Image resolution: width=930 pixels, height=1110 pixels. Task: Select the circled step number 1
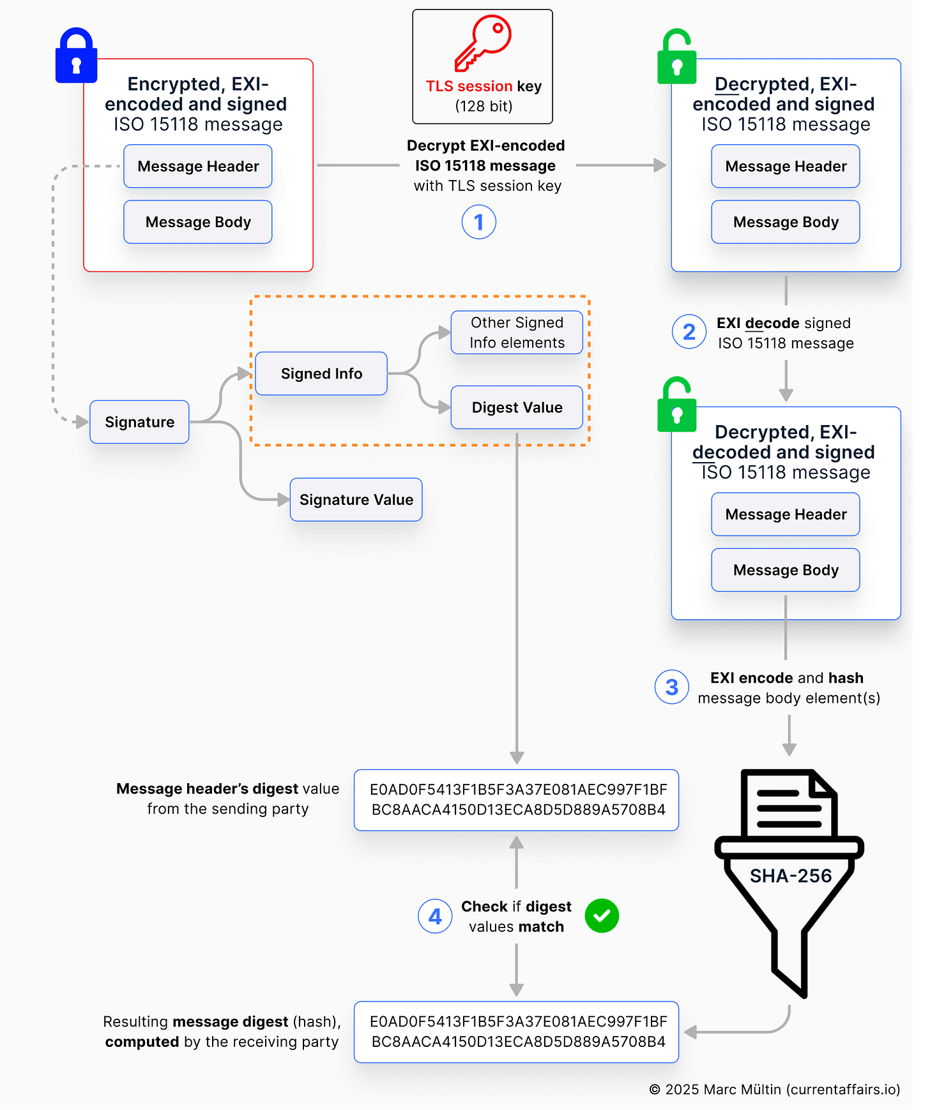point(479,222)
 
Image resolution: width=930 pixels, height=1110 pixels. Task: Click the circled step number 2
point(689,332)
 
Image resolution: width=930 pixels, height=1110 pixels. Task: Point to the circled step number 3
point(672,687)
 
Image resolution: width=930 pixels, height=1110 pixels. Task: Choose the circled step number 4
point(435,916)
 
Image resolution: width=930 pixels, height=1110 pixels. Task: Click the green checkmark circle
point(602,916)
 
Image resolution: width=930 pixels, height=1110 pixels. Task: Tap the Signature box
point(139,422)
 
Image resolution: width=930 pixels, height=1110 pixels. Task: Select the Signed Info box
point(321,373)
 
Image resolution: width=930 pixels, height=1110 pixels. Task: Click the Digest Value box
point(517,407)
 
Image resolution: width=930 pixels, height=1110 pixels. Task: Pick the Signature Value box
point(356,500)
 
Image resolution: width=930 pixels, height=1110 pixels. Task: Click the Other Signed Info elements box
point(517,333)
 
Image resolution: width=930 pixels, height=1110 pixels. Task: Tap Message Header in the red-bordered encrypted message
point(198,167)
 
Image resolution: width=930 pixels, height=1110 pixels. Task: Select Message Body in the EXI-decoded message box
point(786,570)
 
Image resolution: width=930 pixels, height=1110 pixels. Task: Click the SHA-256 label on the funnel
point(791,876)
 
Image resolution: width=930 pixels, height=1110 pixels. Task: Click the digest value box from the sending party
point(517,800)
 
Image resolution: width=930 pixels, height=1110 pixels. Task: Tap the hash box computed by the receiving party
point(517,1031)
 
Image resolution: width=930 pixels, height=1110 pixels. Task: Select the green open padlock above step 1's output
point(676,57)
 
